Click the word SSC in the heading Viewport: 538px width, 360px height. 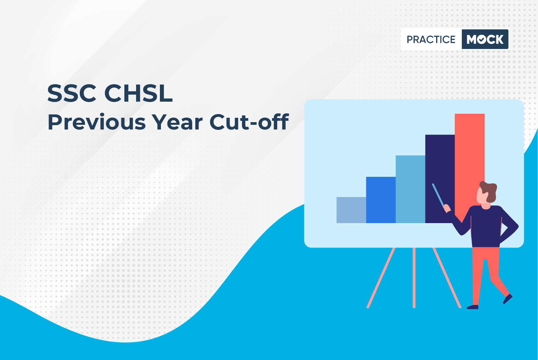tap(72, 93)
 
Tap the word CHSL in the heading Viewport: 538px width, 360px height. tap(138, 93)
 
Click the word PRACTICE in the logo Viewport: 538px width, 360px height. tap(431, 39)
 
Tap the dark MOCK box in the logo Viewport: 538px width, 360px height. tap(485, 39)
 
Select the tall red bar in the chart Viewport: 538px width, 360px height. tap(470, 166)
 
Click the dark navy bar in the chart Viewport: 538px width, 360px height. tap(440, 179)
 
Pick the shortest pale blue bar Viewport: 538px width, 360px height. tap(351, 210)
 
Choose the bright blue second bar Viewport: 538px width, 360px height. tap(381, 200)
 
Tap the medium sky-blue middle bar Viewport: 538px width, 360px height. tap(410, 189)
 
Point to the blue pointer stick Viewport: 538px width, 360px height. tap(438, 196)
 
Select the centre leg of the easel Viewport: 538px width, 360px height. tap(414, 277)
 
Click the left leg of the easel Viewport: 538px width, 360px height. tap(381, 277)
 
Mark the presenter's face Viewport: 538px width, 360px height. tap(482, 197)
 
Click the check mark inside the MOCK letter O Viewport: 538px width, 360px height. tap(482, 40)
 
